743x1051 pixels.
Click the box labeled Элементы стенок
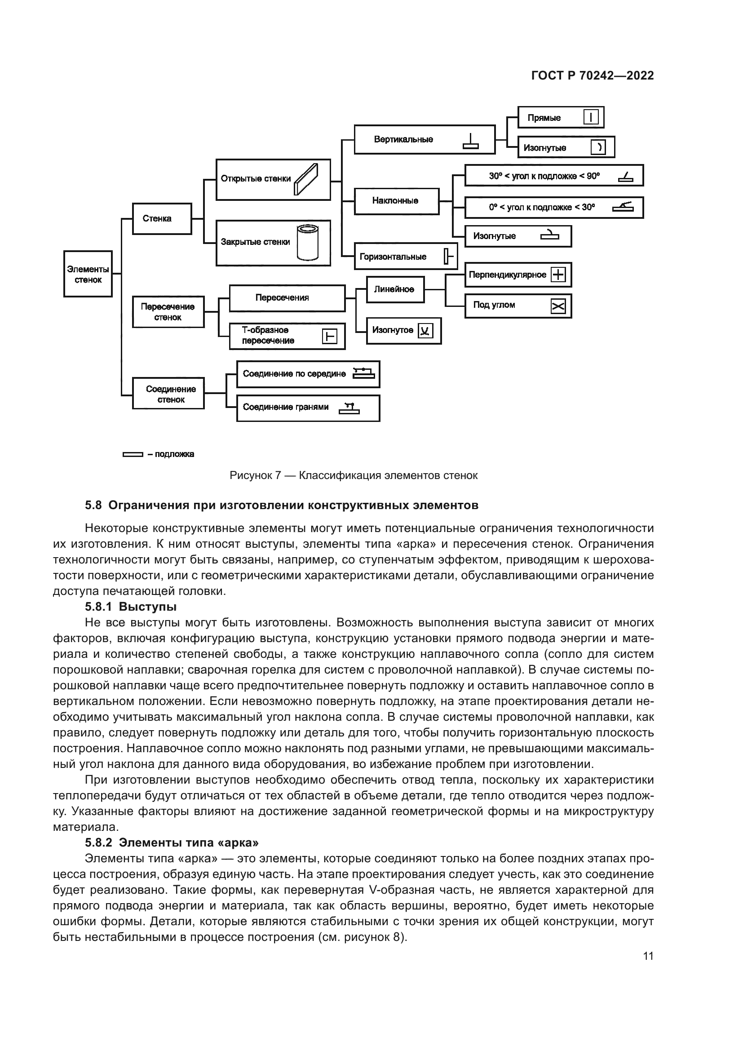tap(88, 274)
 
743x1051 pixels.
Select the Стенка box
tap(162, 219)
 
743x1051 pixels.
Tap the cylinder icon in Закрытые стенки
tap(307, 243)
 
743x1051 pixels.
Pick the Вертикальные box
tap(424, 140)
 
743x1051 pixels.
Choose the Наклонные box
tap(396, 201)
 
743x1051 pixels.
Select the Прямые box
tap(560, 118)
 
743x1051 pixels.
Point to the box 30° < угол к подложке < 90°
tap(553, 176)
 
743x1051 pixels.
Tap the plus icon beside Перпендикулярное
tap(558, 275)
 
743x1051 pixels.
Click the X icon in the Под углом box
tap(558, 306)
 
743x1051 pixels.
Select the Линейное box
tap(395, 289)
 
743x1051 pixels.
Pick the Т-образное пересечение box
tap(287, 336)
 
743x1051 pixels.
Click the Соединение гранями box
tap(308, 408)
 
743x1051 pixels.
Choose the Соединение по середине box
tap(308, 374)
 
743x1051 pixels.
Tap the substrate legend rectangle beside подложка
tap(133, 455)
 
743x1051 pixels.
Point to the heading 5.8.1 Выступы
tap(131, 607)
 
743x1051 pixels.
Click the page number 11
tap(648, 956)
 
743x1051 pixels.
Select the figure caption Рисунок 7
tap(353, 475)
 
